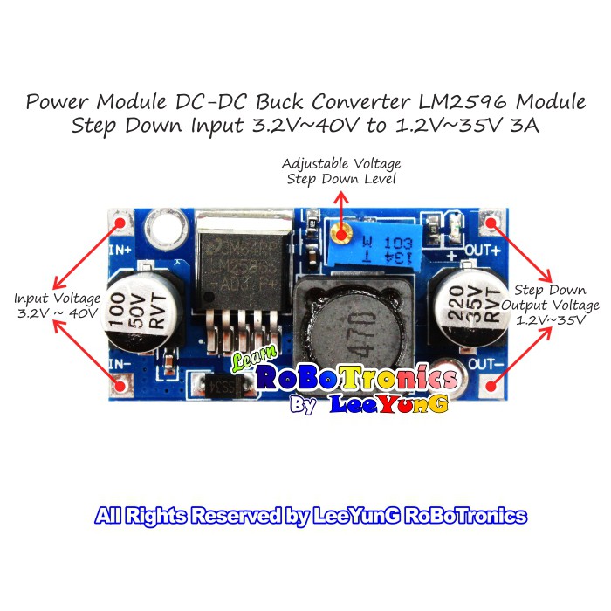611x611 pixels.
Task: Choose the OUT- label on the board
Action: (x=484, y=360)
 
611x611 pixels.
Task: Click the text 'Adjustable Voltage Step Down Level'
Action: (x=341, y=171)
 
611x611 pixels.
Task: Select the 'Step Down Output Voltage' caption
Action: (x=550, y=305)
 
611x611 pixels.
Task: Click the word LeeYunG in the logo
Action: (x=391, y=404)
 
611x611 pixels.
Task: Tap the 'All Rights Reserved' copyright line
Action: (x=311, y=516)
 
